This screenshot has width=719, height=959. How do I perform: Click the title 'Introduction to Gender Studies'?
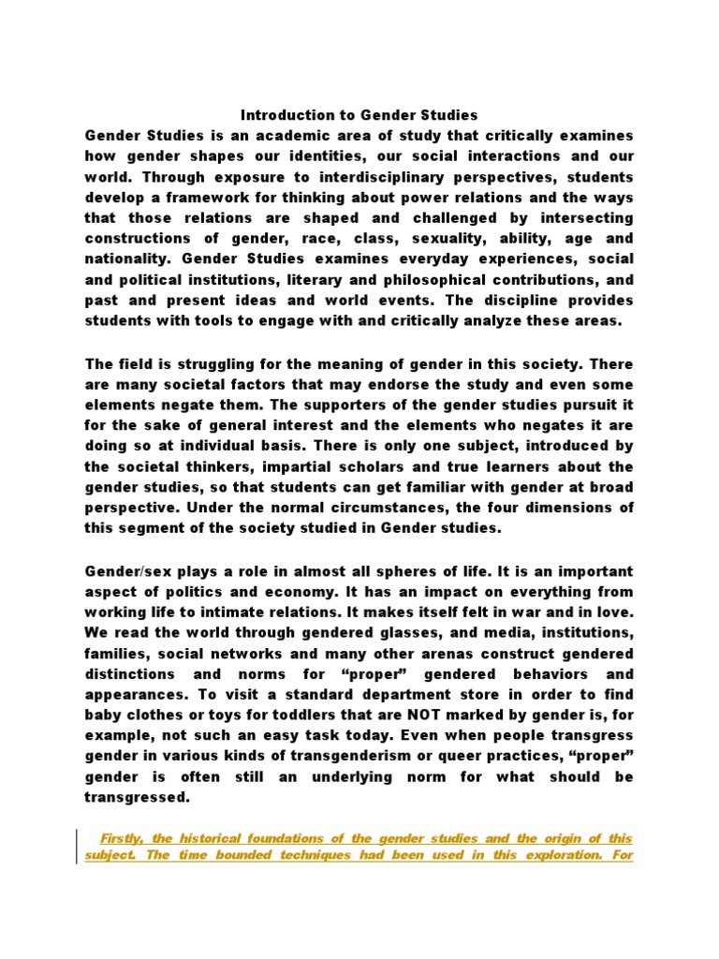(x=359, y=115)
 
